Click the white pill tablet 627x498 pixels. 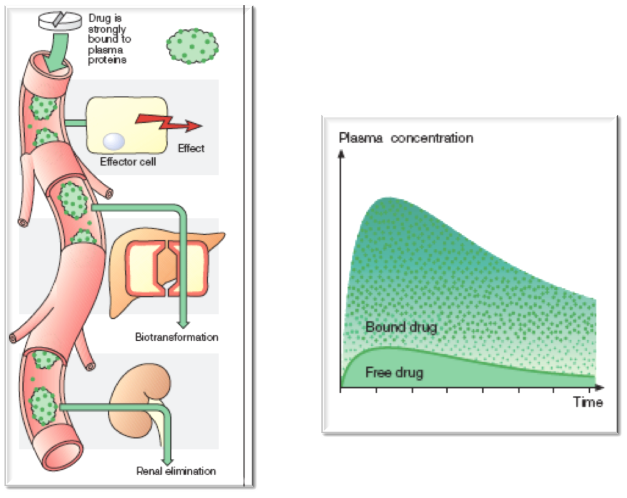[60, 21]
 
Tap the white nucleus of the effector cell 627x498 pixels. [114, 141]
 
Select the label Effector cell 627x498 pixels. [128, 161]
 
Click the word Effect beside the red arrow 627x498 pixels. [191, 148]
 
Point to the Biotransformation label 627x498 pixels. [177, 337]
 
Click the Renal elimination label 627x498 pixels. [176, 471]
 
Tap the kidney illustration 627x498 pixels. [140, 400]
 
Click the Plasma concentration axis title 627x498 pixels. [406, 138]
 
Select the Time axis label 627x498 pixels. [588, 402]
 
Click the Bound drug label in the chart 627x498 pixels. [401, 327]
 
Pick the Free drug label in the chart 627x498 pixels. [394, 372]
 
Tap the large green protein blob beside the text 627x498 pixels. [192, 46]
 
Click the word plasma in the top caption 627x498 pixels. [105, 50]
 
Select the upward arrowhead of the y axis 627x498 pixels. [341, 155]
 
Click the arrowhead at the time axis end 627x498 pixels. [600, 388]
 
